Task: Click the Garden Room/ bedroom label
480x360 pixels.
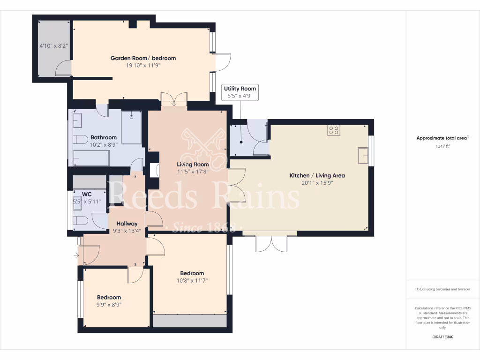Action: point(143,58)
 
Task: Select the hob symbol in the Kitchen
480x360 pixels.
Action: point(334,130)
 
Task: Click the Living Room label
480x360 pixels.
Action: point(193,164)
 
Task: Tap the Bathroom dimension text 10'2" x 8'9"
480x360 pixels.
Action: point(104,144)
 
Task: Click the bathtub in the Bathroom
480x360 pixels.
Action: point(91,158)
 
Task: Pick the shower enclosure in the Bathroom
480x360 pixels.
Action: point(131,127)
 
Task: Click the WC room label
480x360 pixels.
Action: point(87,194)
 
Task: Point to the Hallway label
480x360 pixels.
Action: point(127,224)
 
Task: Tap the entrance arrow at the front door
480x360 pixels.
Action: point(76,255)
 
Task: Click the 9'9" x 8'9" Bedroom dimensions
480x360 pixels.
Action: point(109,304)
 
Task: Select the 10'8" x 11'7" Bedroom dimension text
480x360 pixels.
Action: point(192,280)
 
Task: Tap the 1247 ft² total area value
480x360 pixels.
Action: point(443,146)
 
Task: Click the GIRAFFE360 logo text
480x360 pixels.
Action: point(443,337)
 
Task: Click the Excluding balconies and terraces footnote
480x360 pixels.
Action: point(443,289)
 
